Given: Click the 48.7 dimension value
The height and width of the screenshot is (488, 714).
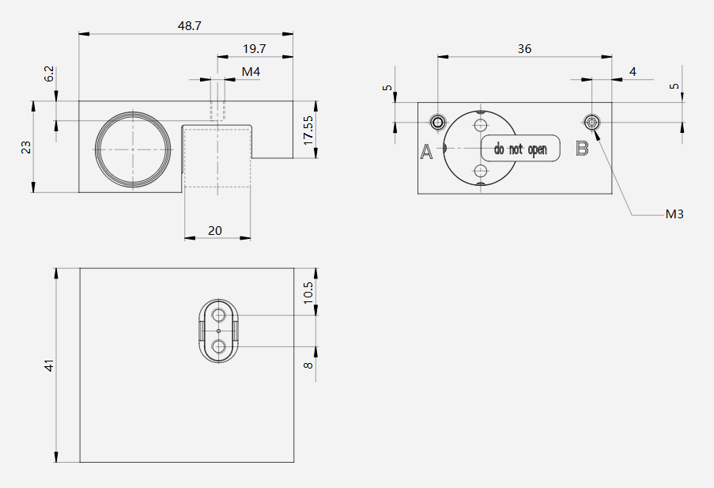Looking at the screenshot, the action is [190, 26].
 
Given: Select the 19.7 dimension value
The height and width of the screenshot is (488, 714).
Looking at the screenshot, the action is [254, 49].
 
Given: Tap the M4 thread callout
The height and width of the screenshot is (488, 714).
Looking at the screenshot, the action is [251, 71].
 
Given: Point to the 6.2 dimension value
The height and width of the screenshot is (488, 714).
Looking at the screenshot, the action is [49, 74].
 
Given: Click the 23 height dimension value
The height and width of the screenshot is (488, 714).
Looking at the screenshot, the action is [26, 147].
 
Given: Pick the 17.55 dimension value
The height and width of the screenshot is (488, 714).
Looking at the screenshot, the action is [308, 131].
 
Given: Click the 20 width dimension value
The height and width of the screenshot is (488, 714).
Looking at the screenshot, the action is [215, 231].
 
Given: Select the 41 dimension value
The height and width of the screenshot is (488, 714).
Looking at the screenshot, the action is [49, 365].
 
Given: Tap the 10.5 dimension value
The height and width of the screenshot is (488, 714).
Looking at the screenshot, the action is [308, 293].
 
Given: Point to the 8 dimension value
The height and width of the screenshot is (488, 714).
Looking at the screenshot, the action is [308, 365].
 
